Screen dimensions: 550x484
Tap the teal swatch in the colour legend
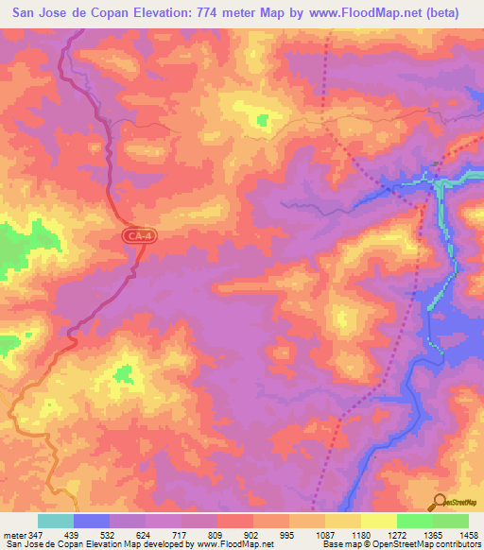(55, 520)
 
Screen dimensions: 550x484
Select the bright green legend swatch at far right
(450, 520)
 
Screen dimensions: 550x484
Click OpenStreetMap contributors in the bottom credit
(425, 544)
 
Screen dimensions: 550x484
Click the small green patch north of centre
(262, 120)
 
